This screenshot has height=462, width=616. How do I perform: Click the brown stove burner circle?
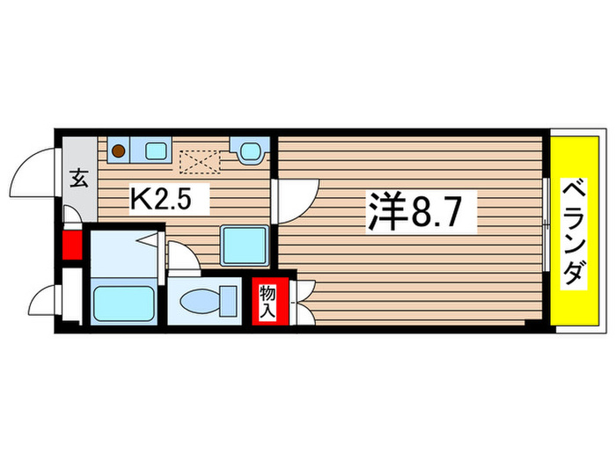(x=118, y=151)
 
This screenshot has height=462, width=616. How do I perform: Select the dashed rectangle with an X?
(x=200, y=161)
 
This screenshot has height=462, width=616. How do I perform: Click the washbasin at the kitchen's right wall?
(x=247, y=150)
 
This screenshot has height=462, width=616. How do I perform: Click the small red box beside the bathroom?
(x=71, y=246)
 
